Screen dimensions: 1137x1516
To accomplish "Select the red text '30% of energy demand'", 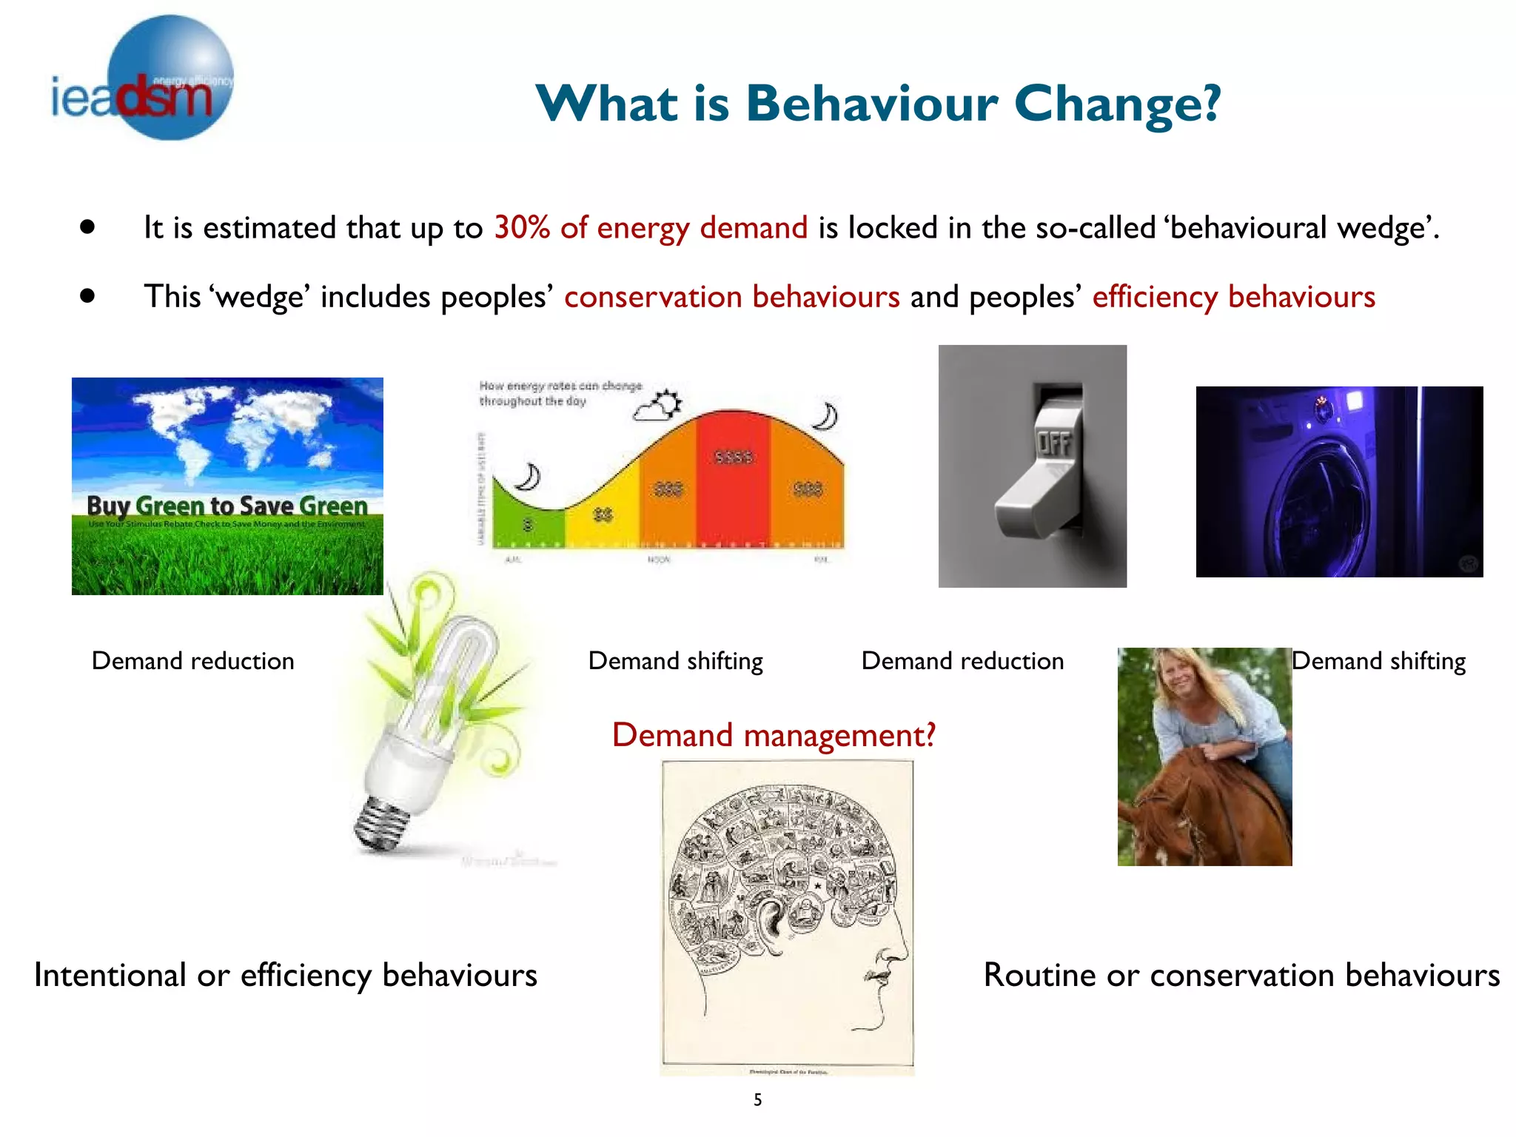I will click(651, 228).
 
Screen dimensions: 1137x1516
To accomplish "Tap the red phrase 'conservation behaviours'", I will click(731, 297).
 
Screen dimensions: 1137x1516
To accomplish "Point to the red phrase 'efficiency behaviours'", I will click(1233, 297).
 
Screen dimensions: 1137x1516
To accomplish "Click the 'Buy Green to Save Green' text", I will click(227, 506).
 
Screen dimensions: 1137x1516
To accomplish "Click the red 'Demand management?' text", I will click(774, 735).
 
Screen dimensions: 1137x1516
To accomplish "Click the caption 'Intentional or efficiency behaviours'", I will click(286, 975).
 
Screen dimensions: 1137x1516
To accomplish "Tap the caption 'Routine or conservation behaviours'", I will click(1241, 975).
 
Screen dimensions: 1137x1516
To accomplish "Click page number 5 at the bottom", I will click(757, 1100).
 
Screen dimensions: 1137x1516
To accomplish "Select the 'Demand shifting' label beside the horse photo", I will click(1378, 660).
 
